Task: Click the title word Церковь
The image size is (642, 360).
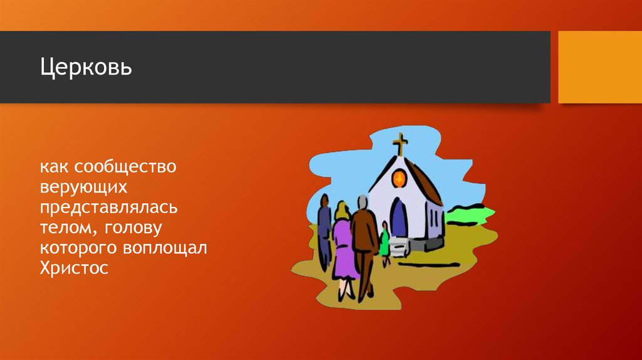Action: (x=87, y=66)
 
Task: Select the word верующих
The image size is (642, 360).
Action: (x=85, y=188)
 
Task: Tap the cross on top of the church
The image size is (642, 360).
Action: (x=399, y=144)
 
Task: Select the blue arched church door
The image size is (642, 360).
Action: (x=398, y=218)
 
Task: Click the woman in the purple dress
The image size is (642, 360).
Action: (x=343, y=245)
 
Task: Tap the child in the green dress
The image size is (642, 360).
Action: (x=384, y=241)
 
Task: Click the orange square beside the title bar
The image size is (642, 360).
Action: (x=599, y=66)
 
